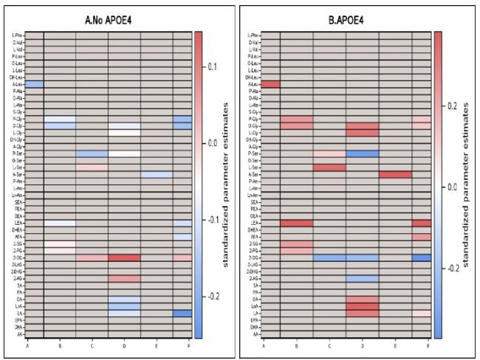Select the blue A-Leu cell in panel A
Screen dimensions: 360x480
[35, 84]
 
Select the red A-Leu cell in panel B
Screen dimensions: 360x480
[271, 84]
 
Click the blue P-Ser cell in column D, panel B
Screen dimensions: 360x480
[363, 153]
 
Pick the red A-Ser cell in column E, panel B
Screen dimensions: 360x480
[395, 174]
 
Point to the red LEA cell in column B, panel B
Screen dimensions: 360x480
[298, 223]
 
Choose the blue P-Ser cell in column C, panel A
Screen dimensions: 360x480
[92, 153]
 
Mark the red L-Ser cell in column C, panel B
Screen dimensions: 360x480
[330, 167]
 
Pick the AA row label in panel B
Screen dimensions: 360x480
[255, 334]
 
